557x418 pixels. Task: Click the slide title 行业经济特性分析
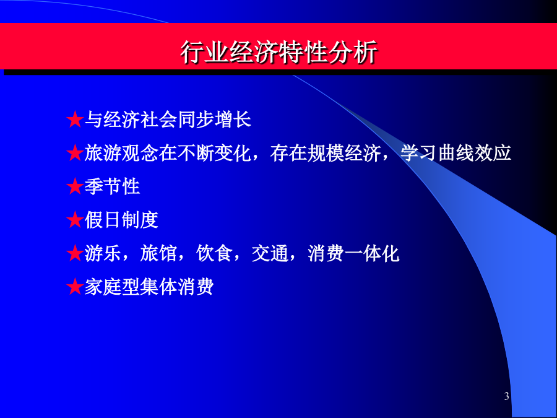point(278,53)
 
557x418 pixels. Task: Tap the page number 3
point(506,396)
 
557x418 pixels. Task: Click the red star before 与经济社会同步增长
point(75,120)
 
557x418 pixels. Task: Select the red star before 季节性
point(75,186)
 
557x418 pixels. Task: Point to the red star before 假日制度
point(75,220)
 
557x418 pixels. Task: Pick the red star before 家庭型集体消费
point(75,287)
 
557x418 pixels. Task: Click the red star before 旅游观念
point(75,153)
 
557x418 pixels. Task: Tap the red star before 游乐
point(75,253)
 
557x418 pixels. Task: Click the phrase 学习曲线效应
point(456,153)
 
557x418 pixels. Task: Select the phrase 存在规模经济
point(326,153)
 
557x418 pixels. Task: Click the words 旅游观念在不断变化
point(168,153)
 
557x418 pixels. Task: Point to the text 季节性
point(112,186)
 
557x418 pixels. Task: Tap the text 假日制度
point(121,220)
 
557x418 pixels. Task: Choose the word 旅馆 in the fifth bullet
point(158,253)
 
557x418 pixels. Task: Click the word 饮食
point(214,253)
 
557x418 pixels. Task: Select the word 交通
point(270,253)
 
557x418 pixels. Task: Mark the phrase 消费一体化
point(353,253)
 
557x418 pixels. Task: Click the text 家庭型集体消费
point(149,287)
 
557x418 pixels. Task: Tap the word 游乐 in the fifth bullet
point(103,253)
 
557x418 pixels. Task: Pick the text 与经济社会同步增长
point(168,120)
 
